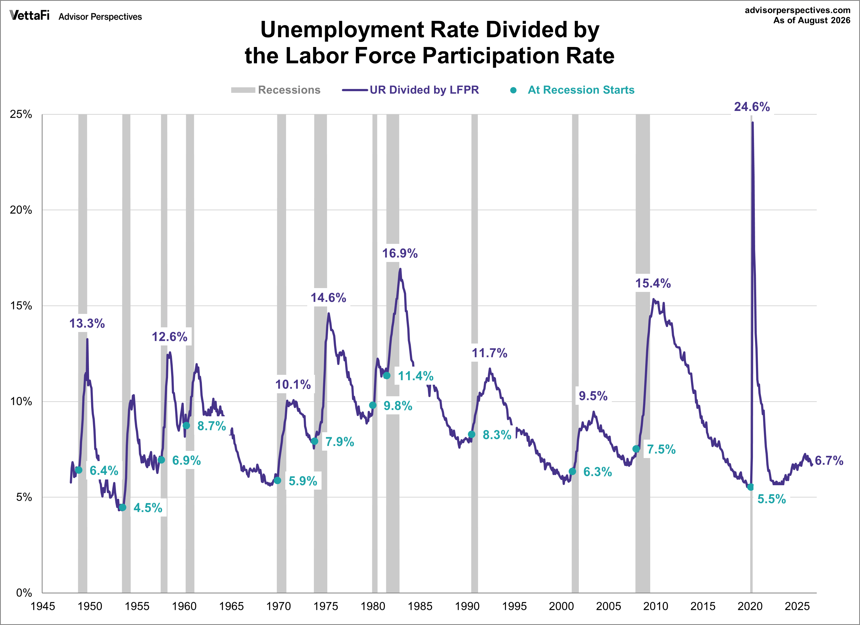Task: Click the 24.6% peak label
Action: [x=752, y=107]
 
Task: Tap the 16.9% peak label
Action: [x=400, y=253]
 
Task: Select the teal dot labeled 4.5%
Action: [x=122, y=507]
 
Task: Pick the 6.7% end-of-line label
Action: [x=829, y=461]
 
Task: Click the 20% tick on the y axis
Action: [x=21, y=210]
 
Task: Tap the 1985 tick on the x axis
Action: [x=420, y=606]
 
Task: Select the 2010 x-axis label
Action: [x=656, y=606]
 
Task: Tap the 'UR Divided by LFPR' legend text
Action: [x=424, y=90]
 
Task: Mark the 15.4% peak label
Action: [x=653, y=283]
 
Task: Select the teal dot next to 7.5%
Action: [x=636, y=449]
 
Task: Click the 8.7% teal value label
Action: [x=212, y=426]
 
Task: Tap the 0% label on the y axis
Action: [x=24, y=593]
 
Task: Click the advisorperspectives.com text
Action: [x=797, y=10]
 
